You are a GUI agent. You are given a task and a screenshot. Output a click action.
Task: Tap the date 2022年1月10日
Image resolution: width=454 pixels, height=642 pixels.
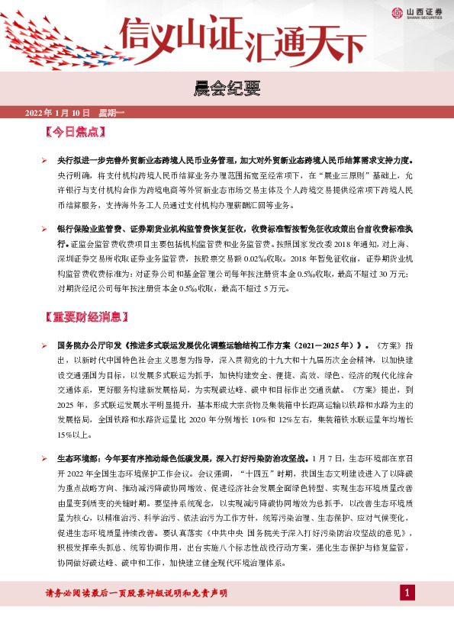click(x=58, y=112)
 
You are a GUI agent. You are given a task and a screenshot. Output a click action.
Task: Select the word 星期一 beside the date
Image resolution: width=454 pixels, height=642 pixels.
click(x=111, y=112)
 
